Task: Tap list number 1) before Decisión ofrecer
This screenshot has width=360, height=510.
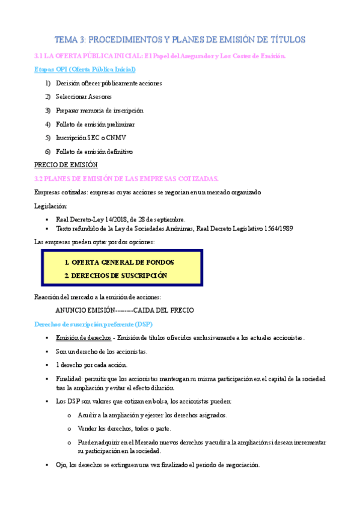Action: point(47,84)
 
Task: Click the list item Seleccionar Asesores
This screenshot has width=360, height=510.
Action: point(84,97)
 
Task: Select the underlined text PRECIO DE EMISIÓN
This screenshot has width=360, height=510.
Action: point(66,165)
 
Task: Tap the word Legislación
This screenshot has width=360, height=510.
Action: point(51,206)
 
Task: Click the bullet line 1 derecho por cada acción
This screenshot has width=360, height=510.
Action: point(91,365)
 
